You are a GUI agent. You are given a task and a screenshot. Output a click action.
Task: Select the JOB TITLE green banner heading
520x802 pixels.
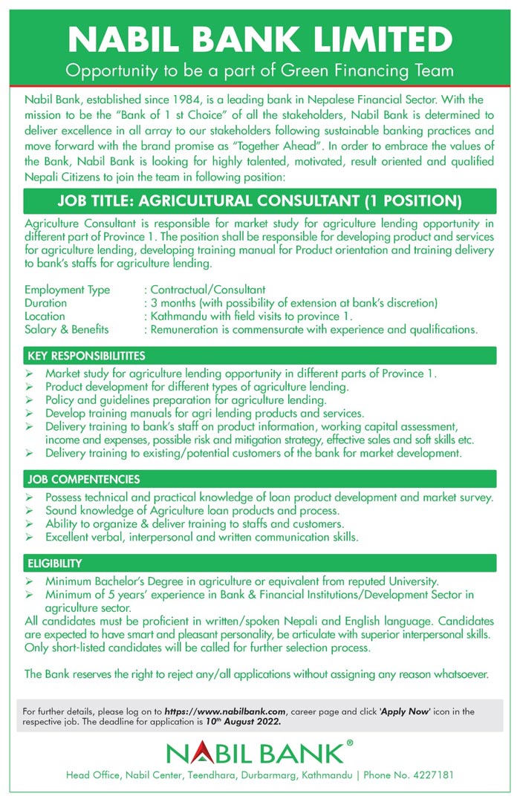[260, 201]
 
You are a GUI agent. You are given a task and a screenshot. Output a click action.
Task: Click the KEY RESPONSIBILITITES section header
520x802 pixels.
[86, 356]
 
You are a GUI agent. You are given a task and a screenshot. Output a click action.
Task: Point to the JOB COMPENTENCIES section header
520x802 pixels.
[83, 479]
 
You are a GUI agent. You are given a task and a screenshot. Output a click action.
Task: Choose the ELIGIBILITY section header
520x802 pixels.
[55, 563]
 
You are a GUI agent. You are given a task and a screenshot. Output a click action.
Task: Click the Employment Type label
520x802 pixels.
[67, 290]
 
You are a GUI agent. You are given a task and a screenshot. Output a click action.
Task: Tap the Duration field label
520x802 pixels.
[45, 303]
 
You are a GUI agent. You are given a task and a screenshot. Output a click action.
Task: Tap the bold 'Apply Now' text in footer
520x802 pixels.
[406, 711]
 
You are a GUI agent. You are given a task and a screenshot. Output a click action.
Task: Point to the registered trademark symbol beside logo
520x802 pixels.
[350, 742]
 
